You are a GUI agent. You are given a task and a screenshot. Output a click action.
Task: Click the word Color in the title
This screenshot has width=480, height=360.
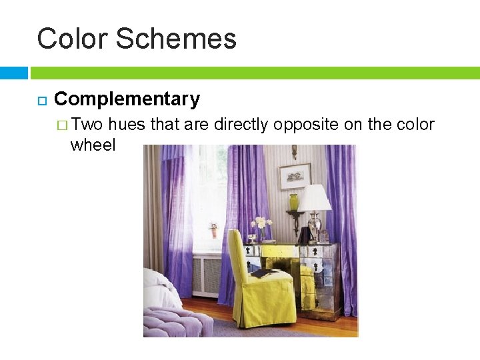72,39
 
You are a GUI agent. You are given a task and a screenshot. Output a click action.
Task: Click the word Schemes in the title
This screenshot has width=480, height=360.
176,39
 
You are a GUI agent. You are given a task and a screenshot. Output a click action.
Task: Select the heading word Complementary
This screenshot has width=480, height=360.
127,99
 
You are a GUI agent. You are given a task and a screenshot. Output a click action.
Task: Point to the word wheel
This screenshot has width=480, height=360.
93,145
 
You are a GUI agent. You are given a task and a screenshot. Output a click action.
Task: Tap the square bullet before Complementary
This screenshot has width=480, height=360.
41,101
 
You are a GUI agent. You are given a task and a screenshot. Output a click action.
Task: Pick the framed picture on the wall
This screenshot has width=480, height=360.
295,176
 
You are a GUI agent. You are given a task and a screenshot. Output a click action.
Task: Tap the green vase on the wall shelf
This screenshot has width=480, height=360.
294,201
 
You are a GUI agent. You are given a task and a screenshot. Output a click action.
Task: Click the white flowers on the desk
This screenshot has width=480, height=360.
261,223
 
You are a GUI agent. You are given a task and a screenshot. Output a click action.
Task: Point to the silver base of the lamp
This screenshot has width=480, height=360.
315,227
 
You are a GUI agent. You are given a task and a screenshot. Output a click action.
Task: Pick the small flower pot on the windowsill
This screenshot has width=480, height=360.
213,231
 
